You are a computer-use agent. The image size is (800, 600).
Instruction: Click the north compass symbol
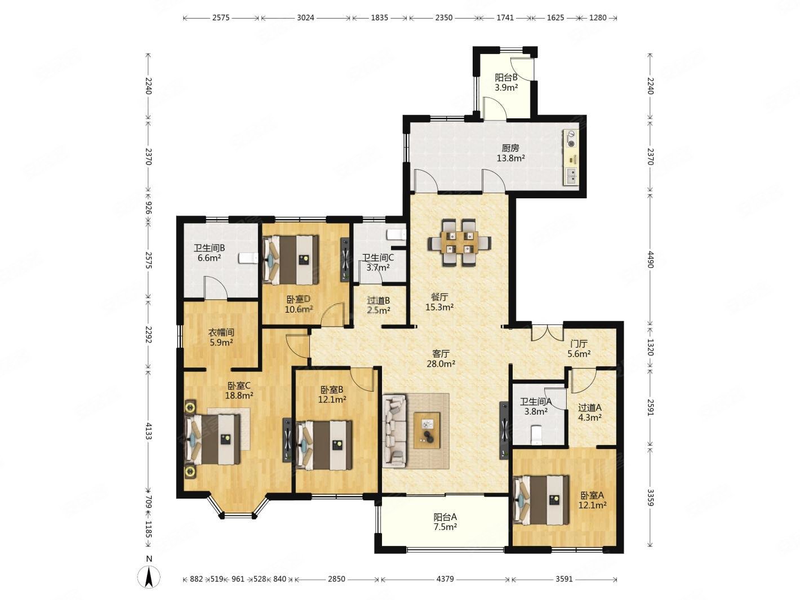149,578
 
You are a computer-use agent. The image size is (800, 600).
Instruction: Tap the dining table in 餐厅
459,242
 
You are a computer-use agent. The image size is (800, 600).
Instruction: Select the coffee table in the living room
426,430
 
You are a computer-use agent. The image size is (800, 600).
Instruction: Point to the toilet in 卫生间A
537,435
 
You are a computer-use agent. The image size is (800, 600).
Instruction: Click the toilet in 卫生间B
248,258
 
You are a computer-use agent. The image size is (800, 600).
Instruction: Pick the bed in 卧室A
541,500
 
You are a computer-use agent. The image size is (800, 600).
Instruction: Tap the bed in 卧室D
291,259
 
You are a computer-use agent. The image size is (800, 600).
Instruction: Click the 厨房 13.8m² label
510,153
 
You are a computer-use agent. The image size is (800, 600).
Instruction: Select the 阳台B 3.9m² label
506,82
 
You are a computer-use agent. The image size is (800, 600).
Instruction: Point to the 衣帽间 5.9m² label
221,337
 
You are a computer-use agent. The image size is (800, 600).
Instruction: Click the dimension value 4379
445,579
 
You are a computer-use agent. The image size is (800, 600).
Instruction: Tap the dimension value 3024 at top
305,17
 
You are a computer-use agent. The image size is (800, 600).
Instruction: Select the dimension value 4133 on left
148,431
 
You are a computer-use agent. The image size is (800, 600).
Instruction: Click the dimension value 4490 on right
651,259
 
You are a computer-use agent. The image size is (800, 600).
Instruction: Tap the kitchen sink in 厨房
572,176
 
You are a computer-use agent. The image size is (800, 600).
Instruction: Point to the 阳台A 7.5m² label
445,522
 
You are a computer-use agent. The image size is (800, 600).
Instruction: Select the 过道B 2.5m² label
379,306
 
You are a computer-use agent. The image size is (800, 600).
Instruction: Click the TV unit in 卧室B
287,440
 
